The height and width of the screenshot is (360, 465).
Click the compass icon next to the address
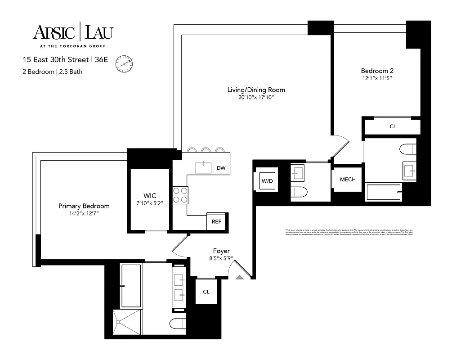[x=124, y=63]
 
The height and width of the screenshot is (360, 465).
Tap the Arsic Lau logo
[x=73, y=32]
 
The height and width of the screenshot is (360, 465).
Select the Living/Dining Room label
[x=256, y=90]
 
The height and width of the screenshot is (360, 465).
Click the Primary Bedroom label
[x=84, y=206]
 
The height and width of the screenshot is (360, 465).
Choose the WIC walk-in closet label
[x=150, y=196]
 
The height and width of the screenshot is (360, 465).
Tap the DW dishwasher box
[x=221, y=168]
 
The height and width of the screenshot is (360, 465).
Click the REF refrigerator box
[x=216, y=221]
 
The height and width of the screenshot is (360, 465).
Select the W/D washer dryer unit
[x=267, y=180]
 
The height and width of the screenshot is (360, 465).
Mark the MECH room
[x=347, y=179]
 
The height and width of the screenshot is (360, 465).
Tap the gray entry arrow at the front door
[x=240, y=277]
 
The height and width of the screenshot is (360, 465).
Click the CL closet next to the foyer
[x=206, y=292]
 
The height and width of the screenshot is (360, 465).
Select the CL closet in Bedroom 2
[x=393, y=126]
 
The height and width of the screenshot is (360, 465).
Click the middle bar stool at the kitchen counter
[x=206, y=150]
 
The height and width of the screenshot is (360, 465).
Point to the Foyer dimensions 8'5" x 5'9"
[x=221, y=259]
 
